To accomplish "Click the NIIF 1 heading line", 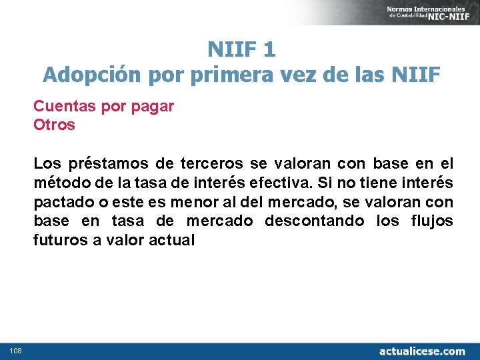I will click(x=241, y=49).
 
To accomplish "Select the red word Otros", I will click(x=54, y=125).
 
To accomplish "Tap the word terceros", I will click(x=211, y=163).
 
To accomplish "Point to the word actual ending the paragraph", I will click(x=174, y=240).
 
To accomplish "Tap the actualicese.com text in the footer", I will click(x=422, y=351).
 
